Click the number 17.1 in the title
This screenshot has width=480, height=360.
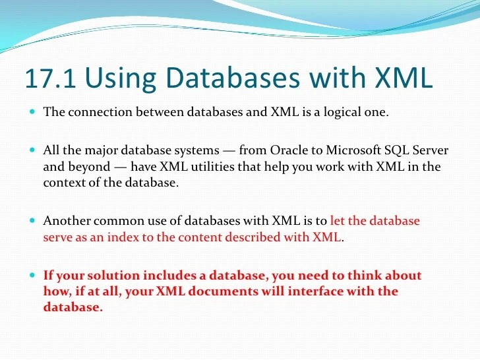click(50, 78)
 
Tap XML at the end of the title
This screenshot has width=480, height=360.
click(403, 78)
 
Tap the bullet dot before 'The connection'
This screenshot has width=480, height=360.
click(32, 111)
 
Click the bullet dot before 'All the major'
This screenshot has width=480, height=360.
click(32, 150)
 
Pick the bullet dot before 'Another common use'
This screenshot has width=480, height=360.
click(32, 221)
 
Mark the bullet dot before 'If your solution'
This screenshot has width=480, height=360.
click(32, 275)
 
